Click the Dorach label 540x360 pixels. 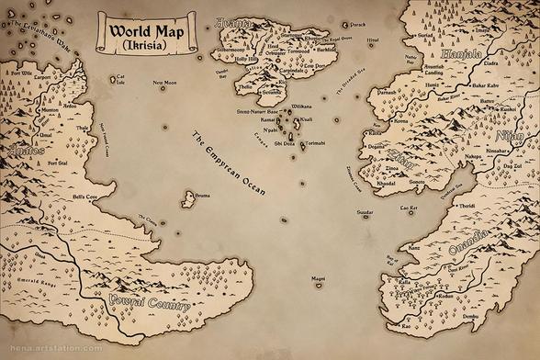[358, 25]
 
